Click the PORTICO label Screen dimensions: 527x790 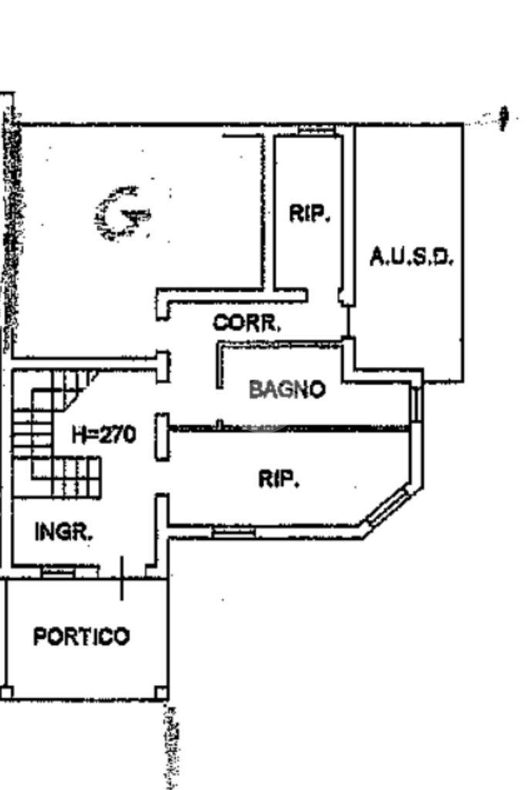pos(82,636)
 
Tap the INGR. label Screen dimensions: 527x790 pos(63,531)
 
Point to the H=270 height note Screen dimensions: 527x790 pos(104,434)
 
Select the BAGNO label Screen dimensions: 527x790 pos(287,389)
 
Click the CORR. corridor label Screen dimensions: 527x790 pos(246,323)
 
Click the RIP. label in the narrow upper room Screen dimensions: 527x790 pos(309,213)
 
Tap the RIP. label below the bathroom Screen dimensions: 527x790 pos(279,479)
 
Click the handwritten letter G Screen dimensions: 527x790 pos(122,214)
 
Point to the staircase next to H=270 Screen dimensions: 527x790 pos(56,434)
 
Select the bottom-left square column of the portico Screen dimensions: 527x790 pos(6,693)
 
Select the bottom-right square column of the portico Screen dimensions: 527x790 pos(161,693)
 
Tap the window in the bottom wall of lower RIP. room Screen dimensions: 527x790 pos(233,531)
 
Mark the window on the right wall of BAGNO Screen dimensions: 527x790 pos(415,404)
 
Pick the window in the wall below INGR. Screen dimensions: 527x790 pos(58,572)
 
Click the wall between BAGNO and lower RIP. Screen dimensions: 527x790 pos(289,429)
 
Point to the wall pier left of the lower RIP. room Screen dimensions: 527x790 pos(161,437)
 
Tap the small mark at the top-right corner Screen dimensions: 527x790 pos(504,118)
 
